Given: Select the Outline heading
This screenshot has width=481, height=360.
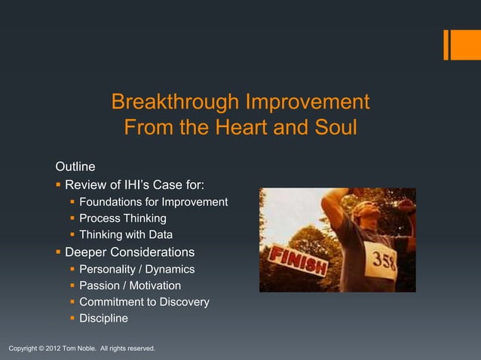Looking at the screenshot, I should click(x=75, y=166).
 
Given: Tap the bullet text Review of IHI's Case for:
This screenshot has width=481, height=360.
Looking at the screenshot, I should click(x=133, y=185).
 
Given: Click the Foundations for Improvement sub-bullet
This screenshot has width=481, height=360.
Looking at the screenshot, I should click(x=153, y=202).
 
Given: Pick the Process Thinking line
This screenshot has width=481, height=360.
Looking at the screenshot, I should click(x=122, y=218).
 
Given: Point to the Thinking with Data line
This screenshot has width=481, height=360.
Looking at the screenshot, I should click(x=126, y=235).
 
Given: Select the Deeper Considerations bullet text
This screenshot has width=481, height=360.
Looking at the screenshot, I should click(x=129, y=252).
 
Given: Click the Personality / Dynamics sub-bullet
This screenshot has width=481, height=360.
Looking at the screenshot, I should click(x=136, y=269).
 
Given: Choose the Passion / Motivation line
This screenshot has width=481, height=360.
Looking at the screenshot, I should click(x=130, y=285).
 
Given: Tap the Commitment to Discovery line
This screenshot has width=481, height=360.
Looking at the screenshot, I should click(x=144, y=302).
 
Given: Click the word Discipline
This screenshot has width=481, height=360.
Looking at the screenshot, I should click(x=103, y=319).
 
